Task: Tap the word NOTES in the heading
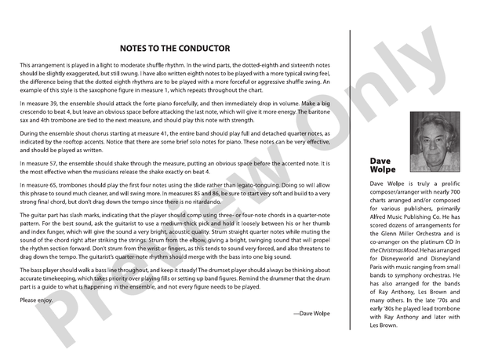point(137,48)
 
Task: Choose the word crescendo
point(31,111)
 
